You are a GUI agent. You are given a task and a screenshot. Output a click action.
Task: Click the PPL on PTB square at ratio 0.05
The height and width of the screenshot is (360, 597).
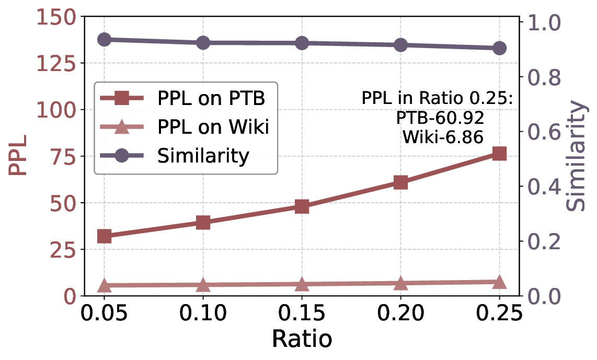click(x=104, y=236)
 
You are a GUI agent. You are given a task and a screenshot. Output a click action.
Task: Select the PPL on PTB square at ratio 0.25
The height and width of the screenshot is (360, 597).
click(x=499, y=154)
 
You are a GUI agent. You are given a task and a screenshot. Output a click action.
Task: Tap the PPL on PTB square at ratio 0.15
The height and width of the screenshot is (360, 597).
click(x=302, y=206)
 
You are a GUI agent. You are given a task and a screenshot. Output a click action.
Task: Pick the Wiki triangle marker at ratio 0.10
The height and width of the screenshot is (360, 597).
click(x=203, y=285)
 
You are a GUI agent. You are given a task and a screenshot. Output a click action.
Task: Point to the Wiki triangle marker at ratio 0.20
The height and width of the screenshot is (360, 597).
click(x=400, y=283)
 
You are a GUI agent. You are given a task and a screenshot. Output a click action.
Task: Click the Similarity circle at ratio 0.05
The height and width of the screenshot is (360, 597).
click(x=104, y=40)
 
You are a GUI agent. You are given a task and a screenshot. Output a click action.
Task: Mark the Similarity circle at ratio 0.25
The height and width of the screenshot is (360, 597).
click(x=499, y=48)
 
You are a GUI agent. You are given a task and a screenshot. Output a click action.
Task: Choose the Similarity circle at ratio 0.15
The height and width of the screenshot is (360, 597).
click(x=302, y=43)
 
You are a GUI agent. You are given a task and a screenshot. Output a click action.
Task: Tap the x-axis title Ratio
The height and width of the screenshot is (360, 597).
click(x=302, y=340)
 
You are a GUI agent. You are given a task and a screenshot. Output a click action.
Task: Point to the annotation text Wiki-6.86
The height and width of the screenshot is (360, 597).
click(x=442, y=137)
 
